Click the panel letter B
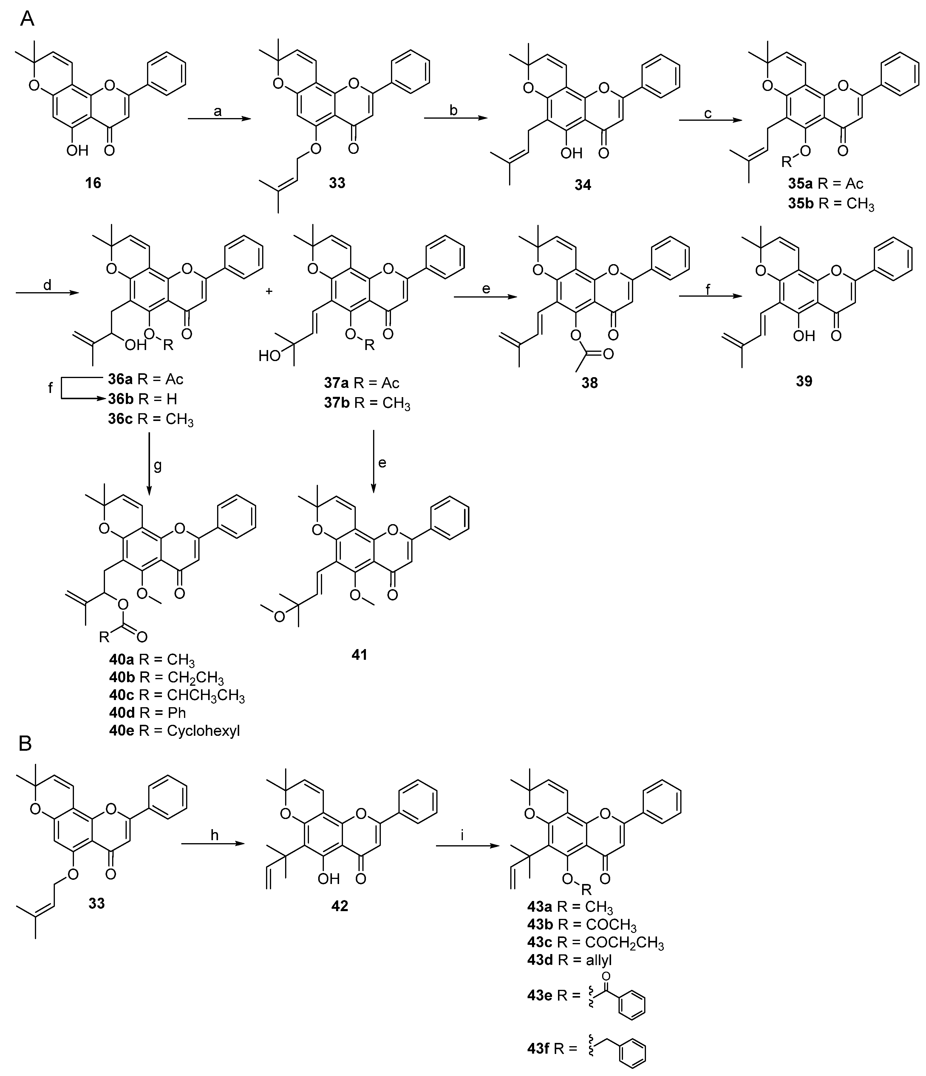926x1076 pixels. pos(25,744)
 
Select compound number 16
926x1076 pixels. pos(93,183)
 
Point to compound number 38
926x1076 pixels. pos(590,383)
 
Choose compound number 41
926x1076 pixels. pos(359,655)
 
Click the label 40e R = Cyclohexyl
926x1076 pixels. pos(174,731)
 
